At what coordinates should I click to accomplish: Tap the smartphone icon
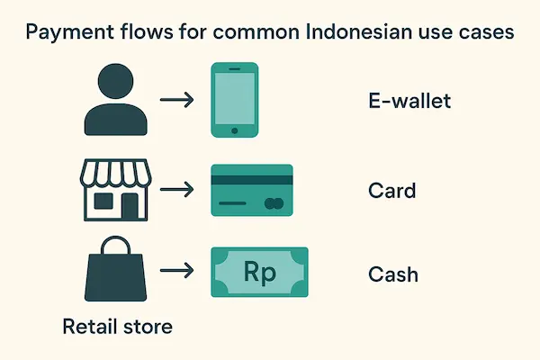coord(233,99)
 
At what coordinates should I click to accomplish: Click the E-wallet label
coord(409,100)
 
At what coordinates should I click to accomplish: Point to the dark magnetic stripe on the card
coord(251,180)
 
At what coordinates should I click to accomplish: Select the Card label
coord(392,191)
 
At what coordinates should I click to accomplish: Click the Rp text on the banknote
coord(259,271)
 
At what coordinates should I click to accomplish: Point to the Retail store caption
coord(117,325)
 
